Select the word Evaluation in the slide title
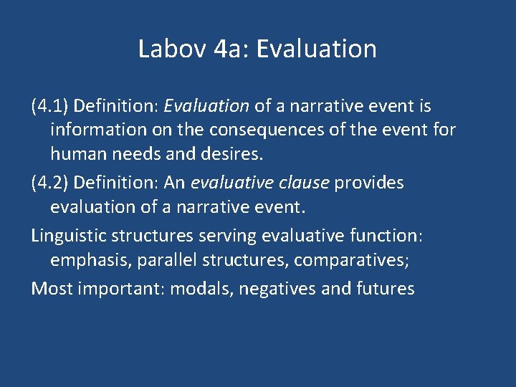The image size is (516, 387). pyautogui.click(x=316, y=49)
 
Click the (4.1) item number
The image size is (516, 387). pyautogui.click(x=49, y=107)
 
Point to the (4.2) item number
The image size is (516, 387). pyautogui.click(x=49, y=183)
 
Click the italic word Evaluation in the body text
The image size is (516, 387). pyautogui.click(x=206, y=107)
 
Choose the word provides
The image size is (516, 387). pyautogui.click(x=369, y=183)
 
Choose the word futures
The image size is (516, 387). pyautogui.click(x=383, y=288)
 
